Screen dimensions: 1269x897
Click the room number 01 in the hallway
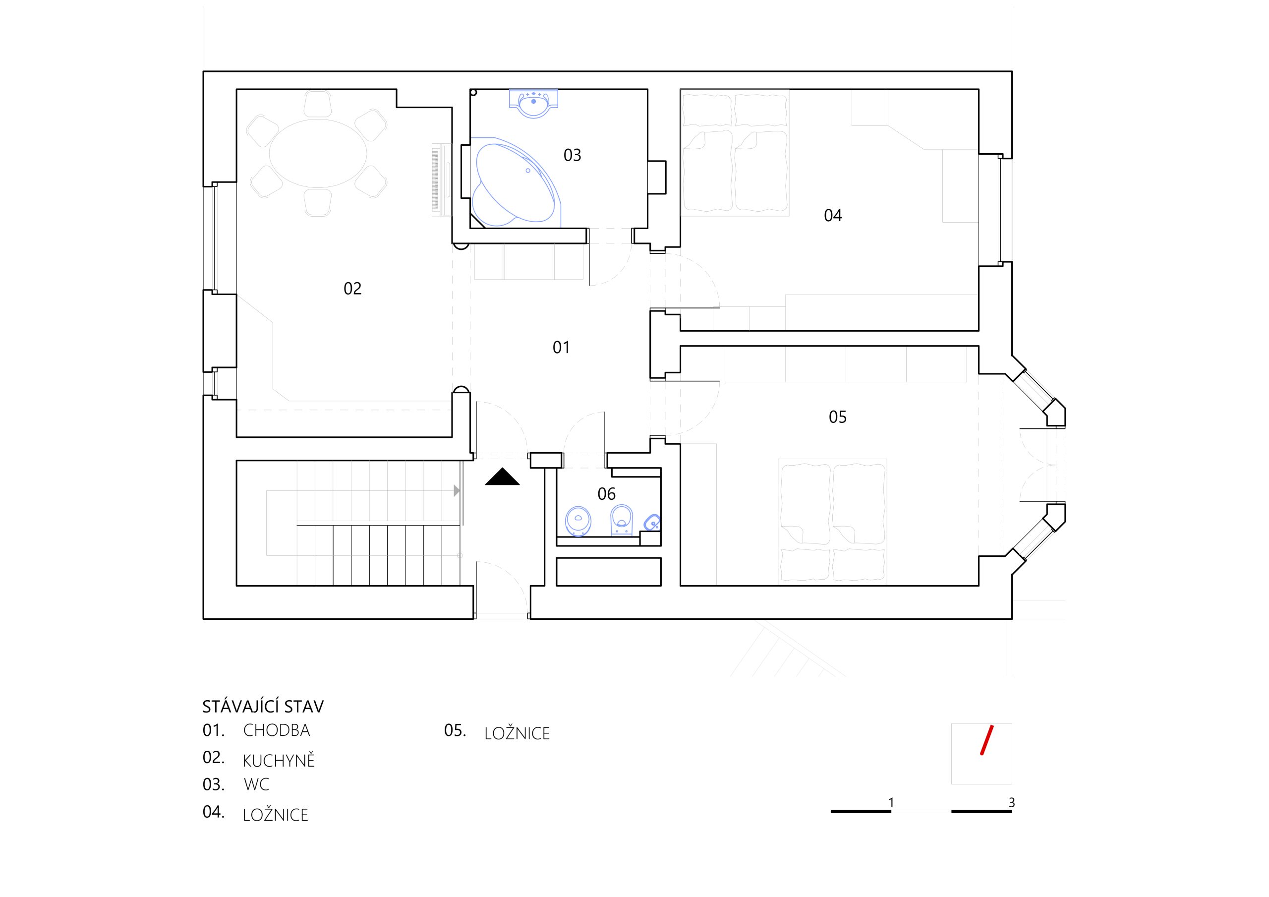click(561, 347)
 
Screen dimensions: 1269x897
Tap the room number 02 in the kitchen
click(352, 288)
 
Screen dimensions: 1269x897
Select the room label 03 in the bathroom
click(572, 155)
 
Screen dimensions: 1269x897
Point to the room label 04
click(833, 215)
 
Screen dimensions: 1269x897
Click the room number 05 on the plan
click(837, 417)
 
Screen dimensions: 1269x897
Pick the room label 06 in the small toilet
click(606, 494)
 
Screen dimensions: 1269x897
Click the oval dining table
click(318, 153)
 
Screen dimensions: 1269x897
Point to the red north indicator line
click(986, 740)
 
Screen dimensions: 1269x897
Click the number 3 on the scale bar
click(1011, 802)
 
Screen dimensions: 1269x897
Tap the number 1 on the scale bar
click(891, 802)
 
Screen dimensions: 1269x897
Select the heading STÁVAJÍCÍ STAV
click(263, 706)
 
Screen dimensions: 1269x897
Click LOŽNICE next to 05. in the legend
click(518, 733)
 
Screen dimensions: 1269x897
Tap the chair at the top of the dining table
click(318, 104)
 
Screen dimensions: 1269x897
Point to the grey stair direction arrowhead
click(457, 490)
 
